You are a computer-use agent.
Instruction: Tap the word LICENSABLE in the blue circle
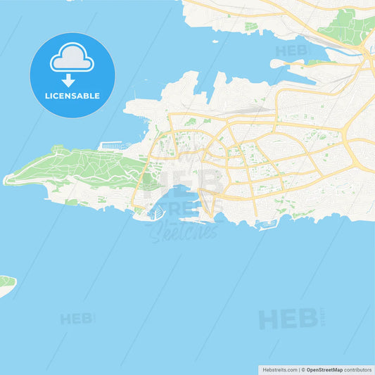pos(72,94)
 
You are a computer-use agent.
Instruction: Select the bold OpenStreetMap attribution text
pos(324,369)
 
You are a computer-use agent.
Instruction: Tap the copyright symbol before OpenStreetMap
pos(303,369)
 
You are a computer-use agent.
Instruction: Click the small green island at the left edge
pos(6,284)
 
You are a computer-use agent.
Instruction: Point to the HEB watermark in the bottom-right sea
pos(288,319)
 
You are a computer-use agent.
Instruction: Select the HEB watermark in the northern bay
pos(291,51)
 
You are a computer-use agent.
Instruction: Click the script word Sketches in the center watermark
pos(184,231)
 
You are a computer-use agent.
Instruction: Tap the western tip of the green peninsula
pos(6,180)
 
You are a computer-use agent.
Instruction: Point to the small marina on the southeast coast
pos(267,225)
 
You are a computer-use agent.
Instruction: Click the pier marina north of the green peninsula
pos(111,146)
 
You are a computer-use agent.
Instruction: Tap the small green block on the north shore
pos(250,28)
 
